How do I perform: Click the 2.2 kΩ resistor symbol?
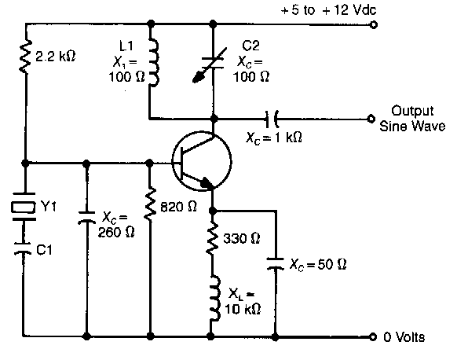pos(26,56)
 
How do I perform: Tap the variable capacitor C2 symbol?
pos(210,64)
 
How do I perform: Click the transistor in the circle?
pos(202,161)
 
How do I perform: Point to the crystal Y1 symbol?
pos(24,207)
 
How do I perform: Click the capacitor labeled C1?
pos(23,248)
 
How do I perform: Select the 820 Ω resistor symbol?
pos(150,204)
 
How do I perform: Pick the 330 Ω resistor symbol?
pos(212,238)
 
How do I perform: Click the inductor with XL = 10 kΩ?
pos(214,298)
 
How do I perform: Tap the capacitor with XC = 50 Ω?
pos(275,264)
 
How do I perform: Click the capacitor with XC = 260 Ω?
pos(86,218)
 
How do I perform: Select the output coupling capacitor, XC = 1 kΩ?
pos(272,119)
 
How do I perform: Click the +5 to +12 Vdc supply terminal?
pos(374,24)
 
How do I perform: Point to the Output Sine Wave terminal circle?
pos(371,119)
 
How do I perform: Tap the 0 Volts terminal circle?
pos(372,336)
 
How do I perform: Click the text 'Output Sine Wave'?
pos(412,119)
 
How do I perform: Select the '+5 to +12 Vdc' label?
pos(328,10)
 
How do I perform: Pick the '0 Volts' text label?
pos(404,337)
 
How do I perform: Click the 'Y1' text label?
pos(48,206)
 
